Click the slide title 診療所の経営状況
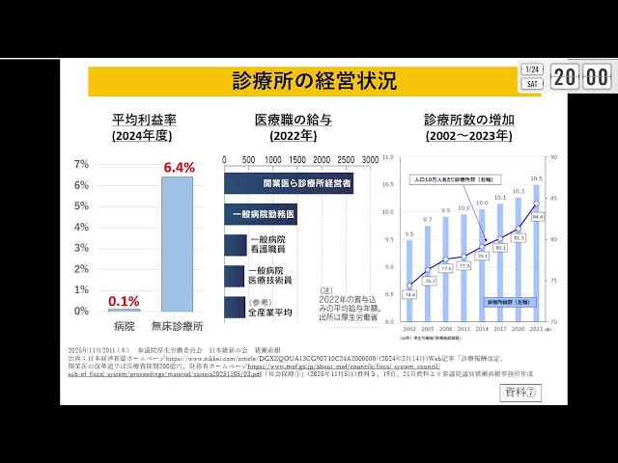click(x=314, y=81)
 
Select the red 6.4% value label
click(x=179, y=167)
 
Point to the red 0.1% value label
click(x=124, y=300)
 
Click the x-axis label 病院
click(x=124, y=328)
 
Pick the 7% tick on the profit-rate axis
click(x=82, y=164)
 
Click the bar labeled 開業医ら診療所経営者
click(x=288, y=181)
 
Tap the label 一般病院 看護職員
click(x=267, y=244)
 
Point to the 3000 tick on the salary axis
click(x=370, y=159)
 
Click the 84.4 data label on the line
click(x=538, y=217)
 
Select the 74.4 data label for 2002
click(x=409, y=295)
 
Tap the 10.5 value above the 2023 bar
click(x=537, y=178)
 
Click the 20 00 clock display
click(x=581, y=76)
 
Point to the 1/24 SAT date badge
click(x=531, y=76)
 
